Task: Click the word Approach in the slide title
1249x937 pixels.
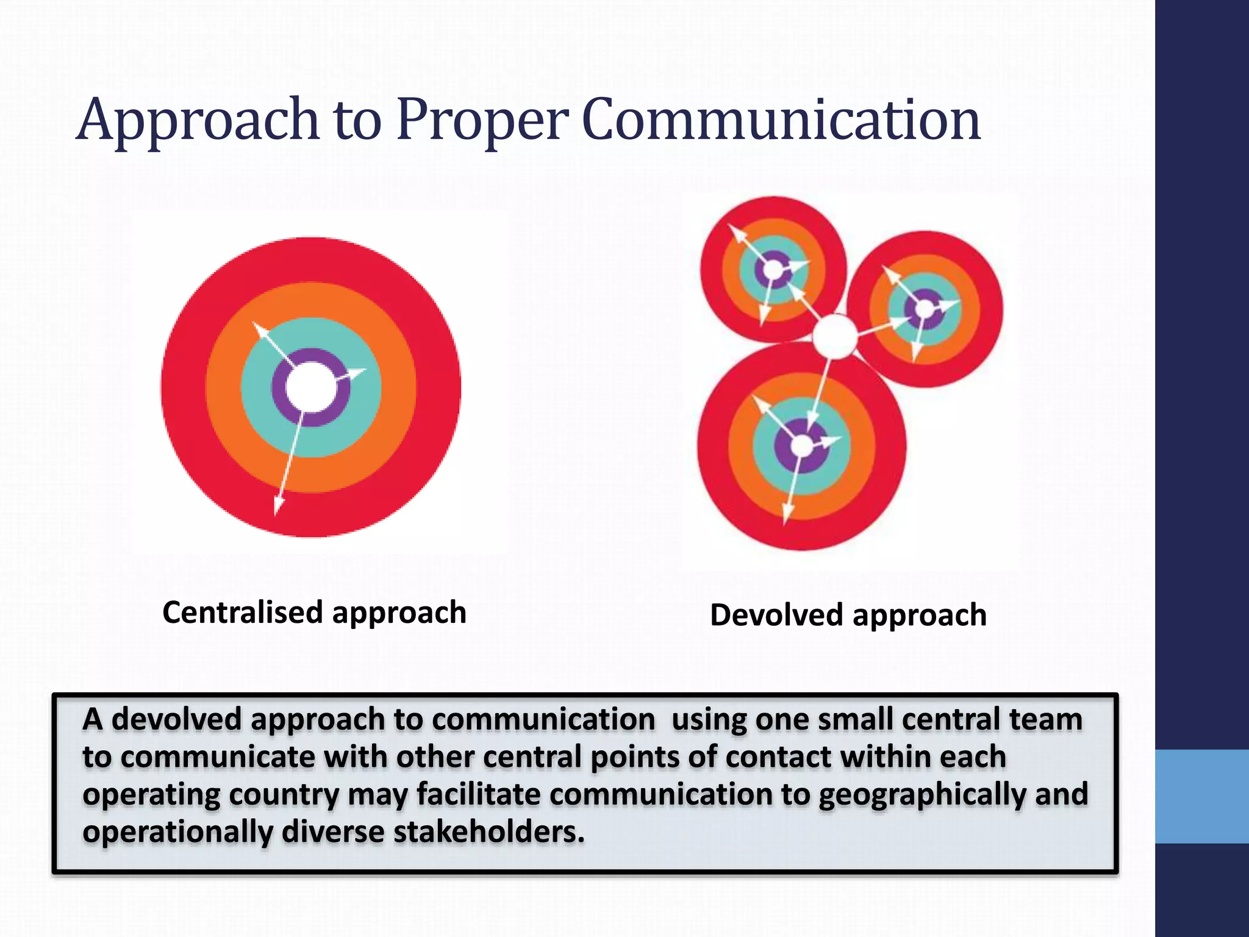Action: coord(198,120)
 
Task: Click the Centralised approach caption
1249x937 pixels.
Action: coord(314,612)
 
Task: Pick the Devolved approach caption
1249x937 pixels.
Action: coord(848,615)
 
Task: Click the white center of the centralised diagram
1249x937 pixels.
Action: coord(311,388)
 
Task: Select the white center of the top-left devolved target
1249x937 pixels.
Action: coord(773,269)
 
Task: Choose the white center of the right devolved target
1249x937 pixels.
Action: coord(925,309)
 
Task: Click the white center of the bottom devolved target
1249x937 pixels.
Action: coord(801,446)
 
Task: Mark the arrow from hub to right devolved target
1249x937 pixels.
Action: coord(878,326)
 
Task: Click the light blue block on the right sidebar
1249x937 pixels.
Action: coord(1201,796)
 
